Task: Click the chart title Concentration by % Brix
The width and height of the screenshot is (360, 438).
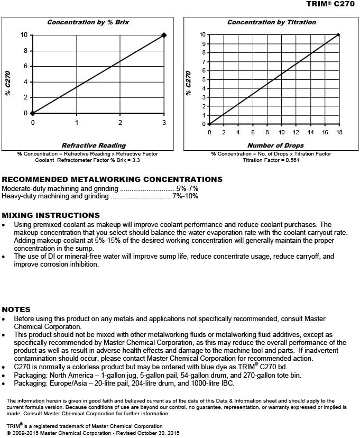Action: (x=88, y=22)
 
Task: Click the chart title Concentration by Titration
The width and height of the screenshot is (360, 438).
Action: (x=271, y=22)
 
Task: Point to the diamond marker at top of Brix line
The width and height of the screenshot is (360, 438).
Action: (x=164, y=35)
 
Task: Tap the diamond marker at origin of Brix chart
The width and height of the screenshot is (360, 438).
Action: (x=33, y=113)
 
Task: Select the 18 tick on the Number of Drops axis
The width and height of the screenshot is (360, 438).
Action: (x=338, y=132)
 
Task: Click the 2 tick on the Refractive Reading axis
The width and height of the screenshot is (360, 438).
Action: (x=120, y=122)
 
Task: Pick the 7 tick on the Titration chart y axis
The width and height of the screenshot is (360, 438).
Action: (x=202, y=61)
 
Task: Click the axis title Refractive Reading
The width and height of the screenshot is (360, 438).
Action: (x=94, y=145)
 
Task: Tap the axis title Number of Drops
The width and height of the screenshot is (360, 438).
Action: (x=275, y=145)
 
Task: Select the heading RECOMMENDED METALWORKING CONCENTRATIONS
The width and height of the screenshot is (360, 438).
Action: (x=112, y=179)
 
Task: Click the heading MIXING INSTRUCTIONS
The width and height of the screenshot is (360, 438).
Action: (x=51, y=215)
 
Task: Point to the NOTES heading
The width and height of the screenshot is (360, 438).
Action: (x=16, y=309)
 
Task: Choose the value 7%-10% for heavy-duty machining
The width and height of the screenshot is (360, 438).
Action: (x=186, y=196)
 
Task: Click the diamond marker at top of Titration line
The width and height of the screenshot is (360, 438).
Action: (x=338, y=35)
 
